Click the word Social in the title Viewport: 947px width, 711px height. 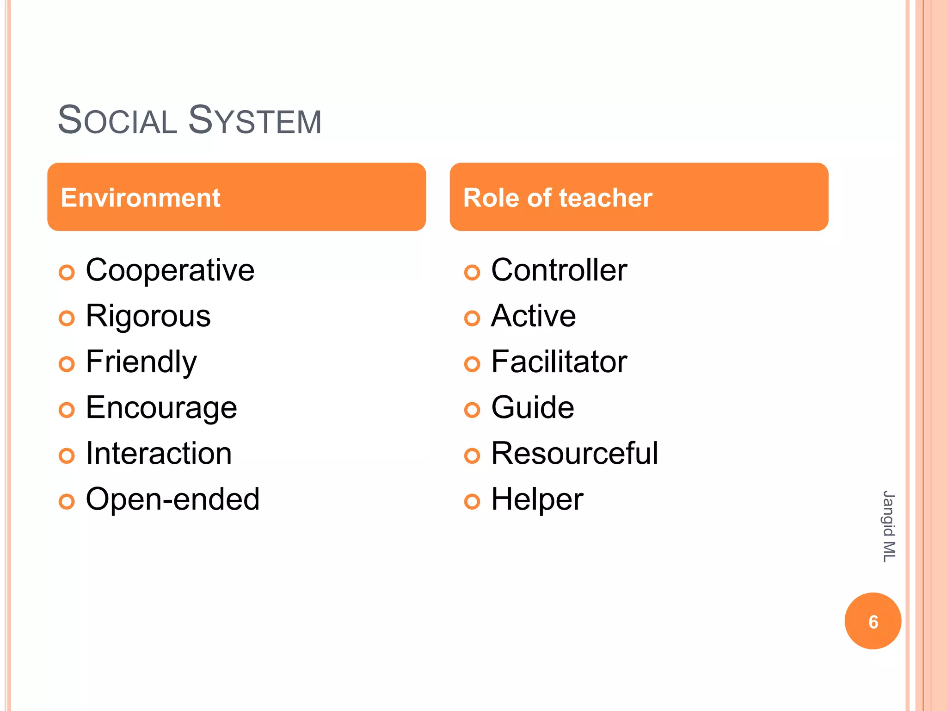point(117,120)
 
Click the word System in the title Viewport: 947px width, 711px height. point(255,120)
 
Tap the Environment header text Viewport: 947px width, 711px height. point(141,198)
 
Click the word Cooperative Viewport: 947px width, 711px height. point(170,270)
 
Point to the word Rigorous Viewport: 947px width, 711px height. point(148,316)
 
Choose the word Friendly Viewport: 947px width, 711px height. point(141,362)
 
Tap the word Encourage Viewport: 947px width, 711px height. point(161,408)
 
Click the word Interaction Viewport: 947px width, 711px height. point(159,453)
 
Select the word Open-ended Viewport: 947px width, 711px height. point(173,499)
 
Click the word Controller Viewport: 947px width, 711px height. point(559,270)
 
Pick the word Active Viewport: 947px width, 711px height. point(534,316)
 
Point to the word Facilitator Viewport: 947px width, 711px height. point(559,362)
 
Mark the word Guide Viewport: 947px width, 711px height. point(533,407)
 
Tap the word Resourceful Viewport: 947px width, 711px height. point(575,453)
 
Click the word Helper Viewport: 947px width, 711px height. point(537,499)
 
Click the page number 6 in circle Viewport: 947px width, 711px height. point(873,621)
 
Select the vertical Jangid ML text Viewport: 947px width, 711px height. point(889,526)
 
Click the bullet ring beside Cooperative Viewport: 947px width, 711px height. point(67,273)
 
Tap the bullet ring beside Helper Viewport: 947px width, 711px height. point(472,502)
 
